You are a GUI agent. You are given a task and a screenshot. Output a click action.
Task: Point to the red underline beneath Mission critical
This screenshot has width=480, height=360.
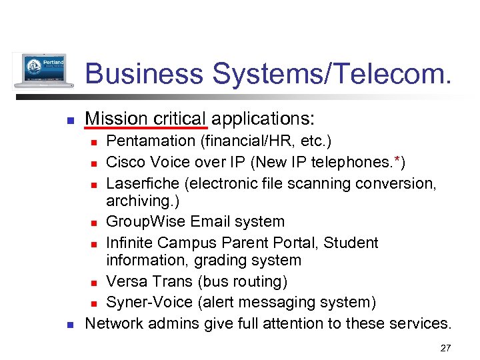146,127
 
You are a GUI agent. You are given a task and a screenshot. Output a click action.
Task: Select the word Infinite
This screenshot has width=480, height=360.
131,242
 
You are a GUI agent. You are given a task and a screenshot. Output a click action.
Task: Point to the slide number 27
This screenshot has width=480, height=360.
445,348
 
